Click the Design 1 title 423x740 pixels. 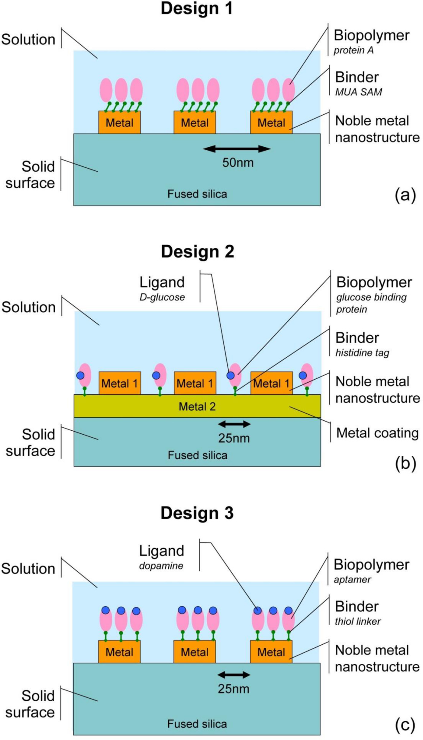(x=197, y=8)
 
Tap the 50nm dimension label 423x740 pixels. (x=238, y=163)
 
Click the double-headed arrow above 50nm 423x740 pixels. (x=237, y=148)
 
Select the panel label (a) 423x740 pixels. (x=405, y=195)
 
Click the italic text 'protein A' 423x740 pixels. (x=354, y=50)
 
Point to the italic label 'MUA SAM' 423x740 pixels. (x=359, y=92)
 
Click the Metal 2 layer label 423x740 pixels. (x=197, y=407)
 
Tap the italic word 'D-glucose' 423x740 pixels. (x=162, y=297)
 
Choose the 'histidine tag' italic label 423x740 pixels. (x=362, y=353)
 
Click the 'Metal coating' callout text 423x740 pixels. (x=377, y=433)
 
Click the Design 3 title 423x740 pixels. (x=197, y=513)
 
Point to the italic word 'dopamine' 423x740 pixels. (x=161, y=566)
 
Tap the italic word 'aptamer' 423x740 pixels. (x=352, y=580)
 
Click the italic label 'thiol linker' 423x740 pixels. (x=358, y=621)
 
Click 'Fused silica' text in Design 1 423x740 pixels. (x=197, y=194)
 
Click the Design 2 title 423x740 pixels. (x=197, y=252)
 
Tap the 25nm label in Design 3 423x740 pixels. (x=234, y=689)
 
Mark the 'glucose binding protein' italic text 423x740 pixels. (x=371, y=303)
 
